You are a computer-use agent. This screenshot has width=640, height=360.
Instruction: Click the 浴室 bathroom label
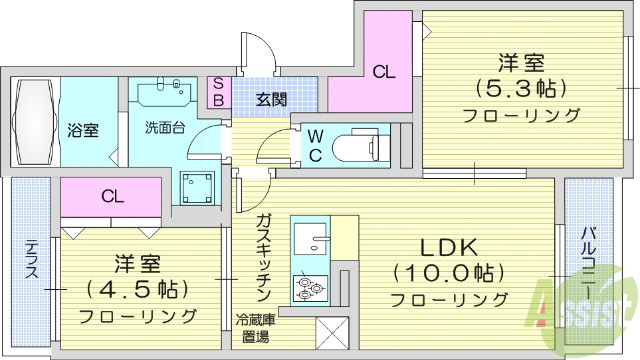(83, 130)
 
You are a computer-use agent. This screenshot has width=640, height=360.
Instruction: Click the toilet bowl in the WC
(356, 142)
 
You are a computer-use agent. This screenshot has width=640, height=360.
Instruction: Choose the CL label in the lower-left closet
(113, 196)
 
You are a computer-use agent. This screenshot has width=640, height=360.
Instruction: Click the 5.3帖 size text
(520, 85)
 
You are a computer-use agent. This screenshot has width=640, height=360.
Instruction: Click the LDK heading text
(448, 246)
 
